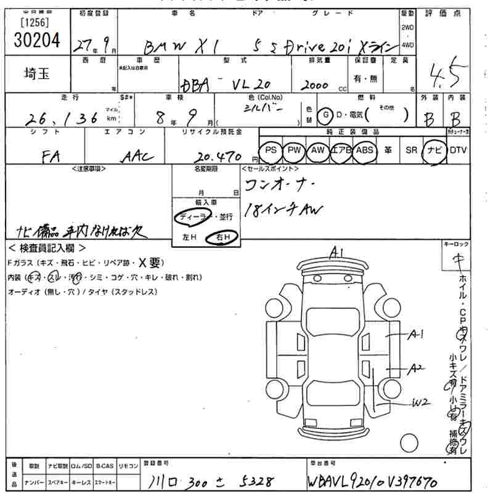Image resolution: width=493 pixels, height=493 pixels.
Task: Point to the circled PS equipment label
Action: tap(269, 150)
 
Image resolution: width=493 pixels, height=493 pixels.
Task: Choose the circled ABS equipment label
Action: tap(365, 150)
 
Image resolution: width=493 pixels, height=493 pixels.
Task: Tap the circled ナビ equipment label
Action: tap(434, 150)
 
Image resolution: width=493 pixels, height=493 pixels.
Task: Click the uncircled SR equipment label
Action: tap(411, 150)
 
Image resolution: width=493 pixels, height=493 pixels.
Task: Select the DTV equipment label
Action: tap(458, 150)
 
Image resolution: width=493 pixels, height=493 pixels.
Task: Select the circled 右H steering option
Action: tap(220, 237)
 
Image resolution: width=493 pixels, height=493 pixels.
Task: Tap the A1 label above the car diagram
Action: tap(336, 251)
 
